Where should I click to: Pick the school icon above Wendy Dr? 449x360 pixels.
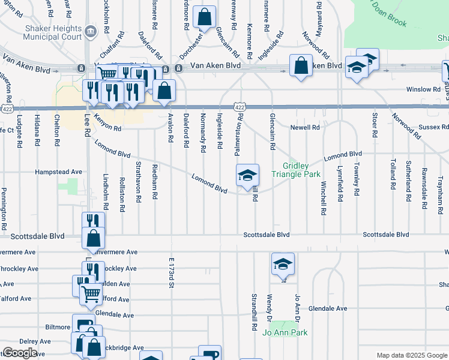point(283,264)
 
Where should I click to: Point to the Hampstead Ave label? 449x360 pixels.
point(59,172)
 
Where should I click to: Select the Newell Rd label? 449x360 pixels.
point(305,128)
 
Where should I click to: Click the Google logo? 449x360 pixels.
point(20,353)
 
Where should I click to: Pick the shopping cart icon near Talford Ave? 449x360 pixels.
point(91,294)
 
